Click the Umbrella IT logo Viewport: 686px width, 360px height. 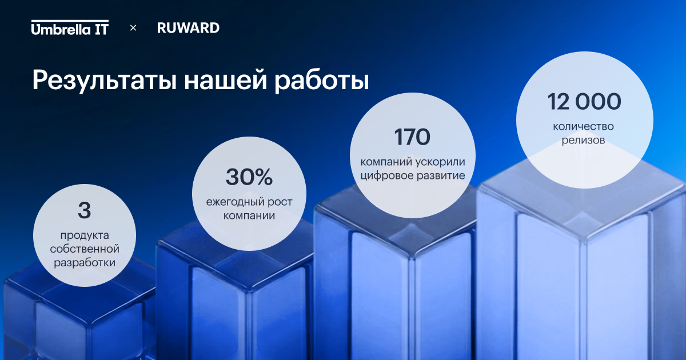pyautogui.click(x=70, y=27)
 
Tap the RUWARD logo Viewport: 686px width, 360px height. pyautogui.click(x=188, y=28)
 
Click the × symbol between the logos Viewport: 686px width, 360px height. pyautogui.click(x=133, y=28)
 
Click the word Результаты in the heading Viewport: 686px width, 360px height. pyautogui.click(x=105, y=81)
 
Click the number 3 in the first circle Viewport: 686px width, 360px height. pyautogui.click(x=85, y=210)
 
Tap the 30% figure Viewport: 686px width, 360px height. pyautogui.click(x=249, y=177)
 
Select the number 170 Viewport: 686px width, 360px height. pyautogui.click(x=412, y=137)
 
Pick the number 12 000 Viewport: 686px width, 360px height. pyautogui.click(x=584, y=102)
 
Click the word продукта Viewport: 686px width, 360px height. pyautogui.click(x=85, y=235)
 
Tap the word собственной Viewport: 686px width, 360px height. pyautogui.click(x=85, y=249)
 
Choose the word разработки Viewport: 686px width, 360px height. pyautogui.click(x=85, y=263)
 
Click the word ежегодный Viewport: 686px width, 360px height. pyautogui.click(x=235, y=202)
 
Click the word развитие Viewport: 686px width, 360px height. pyautogui.click(x=439, y=176)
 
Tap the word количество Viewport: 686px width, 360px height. pyautogui.click(x=583, y=127)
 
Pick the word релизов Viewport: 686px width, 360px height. pyautogui.click(x=583, y=141)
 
